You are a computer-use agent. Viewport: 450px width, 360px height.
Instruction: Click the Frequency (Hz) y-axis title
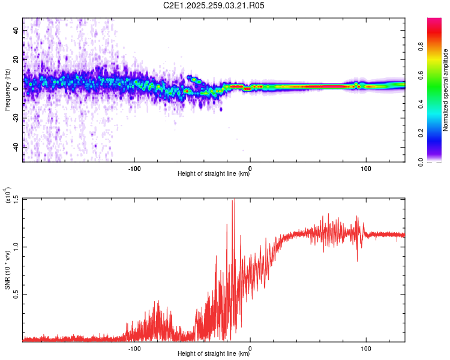click(x=7, y=90)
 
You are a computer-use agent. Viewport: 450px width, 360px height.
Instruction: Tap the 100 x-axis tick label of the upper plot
click(x=366, y=168)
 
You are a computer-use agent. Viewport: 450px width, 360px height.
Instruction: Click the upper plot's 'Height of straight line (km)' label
click(x=214, y=175)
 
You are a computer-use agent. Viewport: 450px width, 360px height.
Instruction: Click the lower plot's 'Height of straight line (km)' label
click(x=214, y=354)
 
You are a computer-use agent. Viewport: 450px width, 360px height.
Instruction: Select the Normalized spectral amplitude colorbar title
click(x=446, y=90)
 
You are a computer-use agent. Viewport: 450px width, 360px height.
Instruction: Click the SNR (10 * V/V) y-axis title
click(x=8, y=270)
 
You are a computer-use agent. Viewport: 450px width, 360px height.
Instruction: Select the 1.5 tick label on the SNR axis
click(x=16, y=199)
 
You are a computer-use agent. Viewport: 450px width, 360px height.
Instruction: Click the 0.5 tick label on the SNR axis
click(x=16, y=294)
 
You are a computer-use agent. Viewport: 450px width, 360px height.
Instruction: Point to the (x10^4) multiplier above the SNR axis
click(x=8, y=194)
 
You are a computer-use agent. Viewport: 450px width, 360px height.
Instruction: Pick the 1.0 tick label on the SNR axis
click(x=16, y=247)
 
